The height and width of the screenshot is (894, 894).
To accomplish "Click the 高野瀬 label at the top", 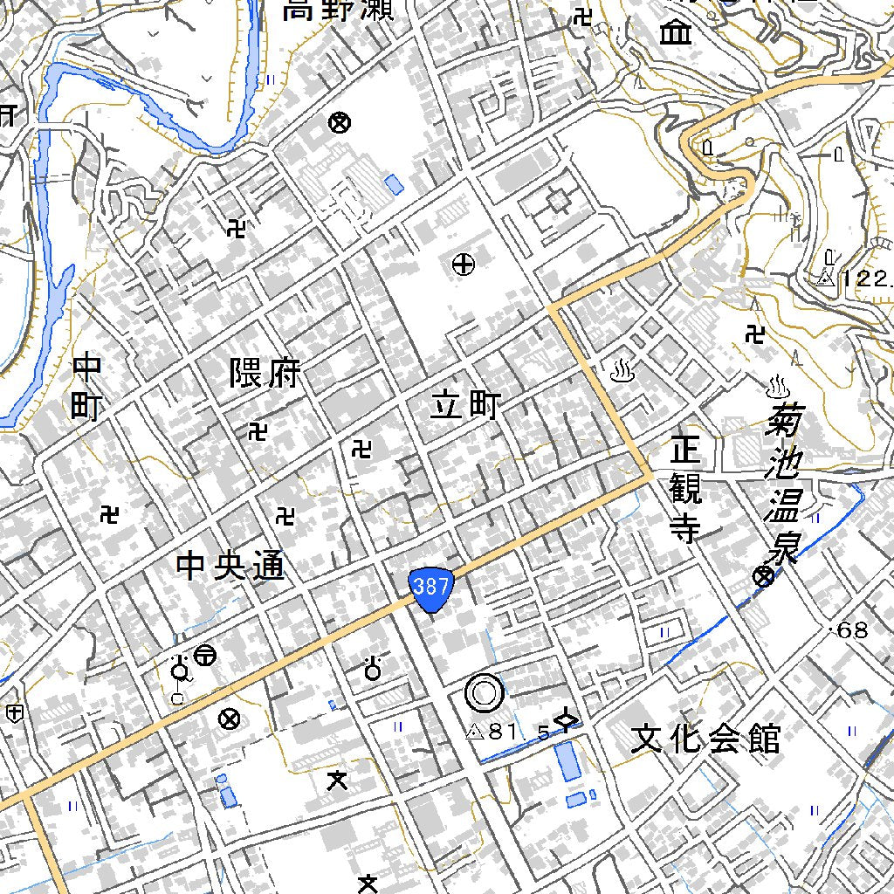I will [x=337, y=10].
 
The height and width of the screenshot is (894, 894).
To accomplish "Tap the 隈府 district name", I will [x=265, y=374].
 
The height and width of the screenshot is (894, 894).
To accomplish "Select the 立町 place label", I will [x=466, y=405].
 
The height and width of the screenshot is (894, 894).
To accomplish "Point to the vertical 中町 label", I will [x=87, y=386].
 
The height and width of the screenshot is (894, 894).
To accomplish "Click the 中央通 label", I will [x=230, y=566].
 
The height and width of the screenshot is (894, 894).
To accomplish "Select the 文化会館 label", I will [x=705, y=739].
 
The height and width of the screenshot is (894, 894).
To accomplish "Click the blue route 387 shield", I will [x=432, y=588].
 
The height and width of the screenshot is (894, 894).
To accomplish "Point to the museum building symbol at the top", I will [x=675, y=33].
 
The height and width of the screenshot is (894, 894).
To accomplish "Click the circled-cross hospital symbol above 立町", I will [x=464, y=264].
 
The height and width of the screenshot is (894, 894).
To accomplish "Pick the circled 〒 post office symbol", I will [x=206, y=654].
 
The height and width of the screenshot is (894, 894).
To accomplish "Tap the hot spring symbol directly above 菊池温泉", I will [x=775, y=384].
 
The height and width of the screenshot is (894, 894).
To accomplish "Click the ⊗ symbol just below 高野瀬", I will [x=340, y=122].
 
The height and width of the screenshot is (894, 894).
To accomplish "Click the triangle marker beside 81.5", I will [x=475, y=731].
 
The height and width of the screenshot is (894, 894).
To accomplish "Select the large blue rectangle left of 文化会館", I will [x=568, y=761].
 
